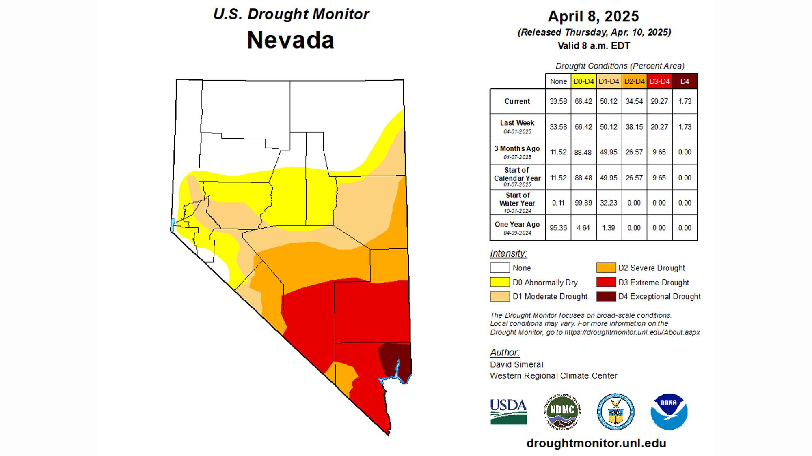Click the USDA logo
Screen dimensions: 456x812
coord(508,411)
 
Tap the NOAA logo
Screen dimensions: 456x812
coord(669,411)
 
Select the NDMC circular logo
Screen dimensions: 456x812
coord(562,411)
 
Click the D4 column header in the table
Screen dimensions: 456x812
coord(685,81)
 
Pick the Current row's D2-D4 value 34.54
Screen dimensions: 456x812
coord(634,101)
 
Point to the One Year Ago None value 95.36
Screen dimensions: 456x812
coord(558,228)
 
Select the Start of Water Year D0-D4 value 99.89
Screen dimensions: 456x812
coord(583,203)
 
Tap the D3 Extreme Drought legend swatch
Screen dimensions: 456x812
coord(606,282)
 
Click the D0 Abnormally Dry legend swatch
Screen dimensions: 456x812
coord(499,282)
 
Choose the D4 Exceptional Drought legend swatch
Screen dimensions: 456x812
coord(606,296)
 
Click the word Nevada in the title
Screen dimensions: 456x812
coord(290,40)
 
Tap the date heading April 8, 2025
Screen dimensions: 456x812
coord(593,16)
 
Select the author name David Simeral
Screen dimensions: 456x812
coord(516,364)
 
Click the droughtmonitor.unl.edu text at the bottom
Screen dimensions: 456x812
coord(596,443)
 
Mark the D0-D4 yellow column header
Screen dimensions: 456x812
coord(583,81)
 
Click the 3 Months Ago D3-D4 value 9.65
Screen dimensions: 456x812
coord(659,152)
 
